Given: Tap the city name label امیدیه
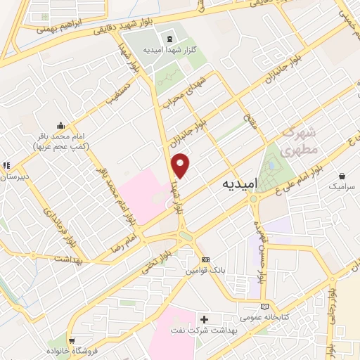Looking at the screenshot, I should (240, 183).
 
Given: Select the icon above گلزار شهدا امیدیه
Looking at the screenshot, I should (169, 39).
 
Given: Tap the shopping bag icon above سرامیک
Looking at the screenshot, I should (342, 176).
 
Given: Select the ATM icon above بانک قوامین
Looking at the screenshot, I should (205, 259).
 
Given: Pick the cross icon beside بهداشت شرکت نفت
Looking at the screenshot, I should (204, 319).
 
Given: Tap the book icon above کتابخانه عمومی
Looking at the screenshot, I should (264, 307).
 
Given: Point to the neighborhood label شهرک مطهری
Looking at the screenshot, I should (299, 141).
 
